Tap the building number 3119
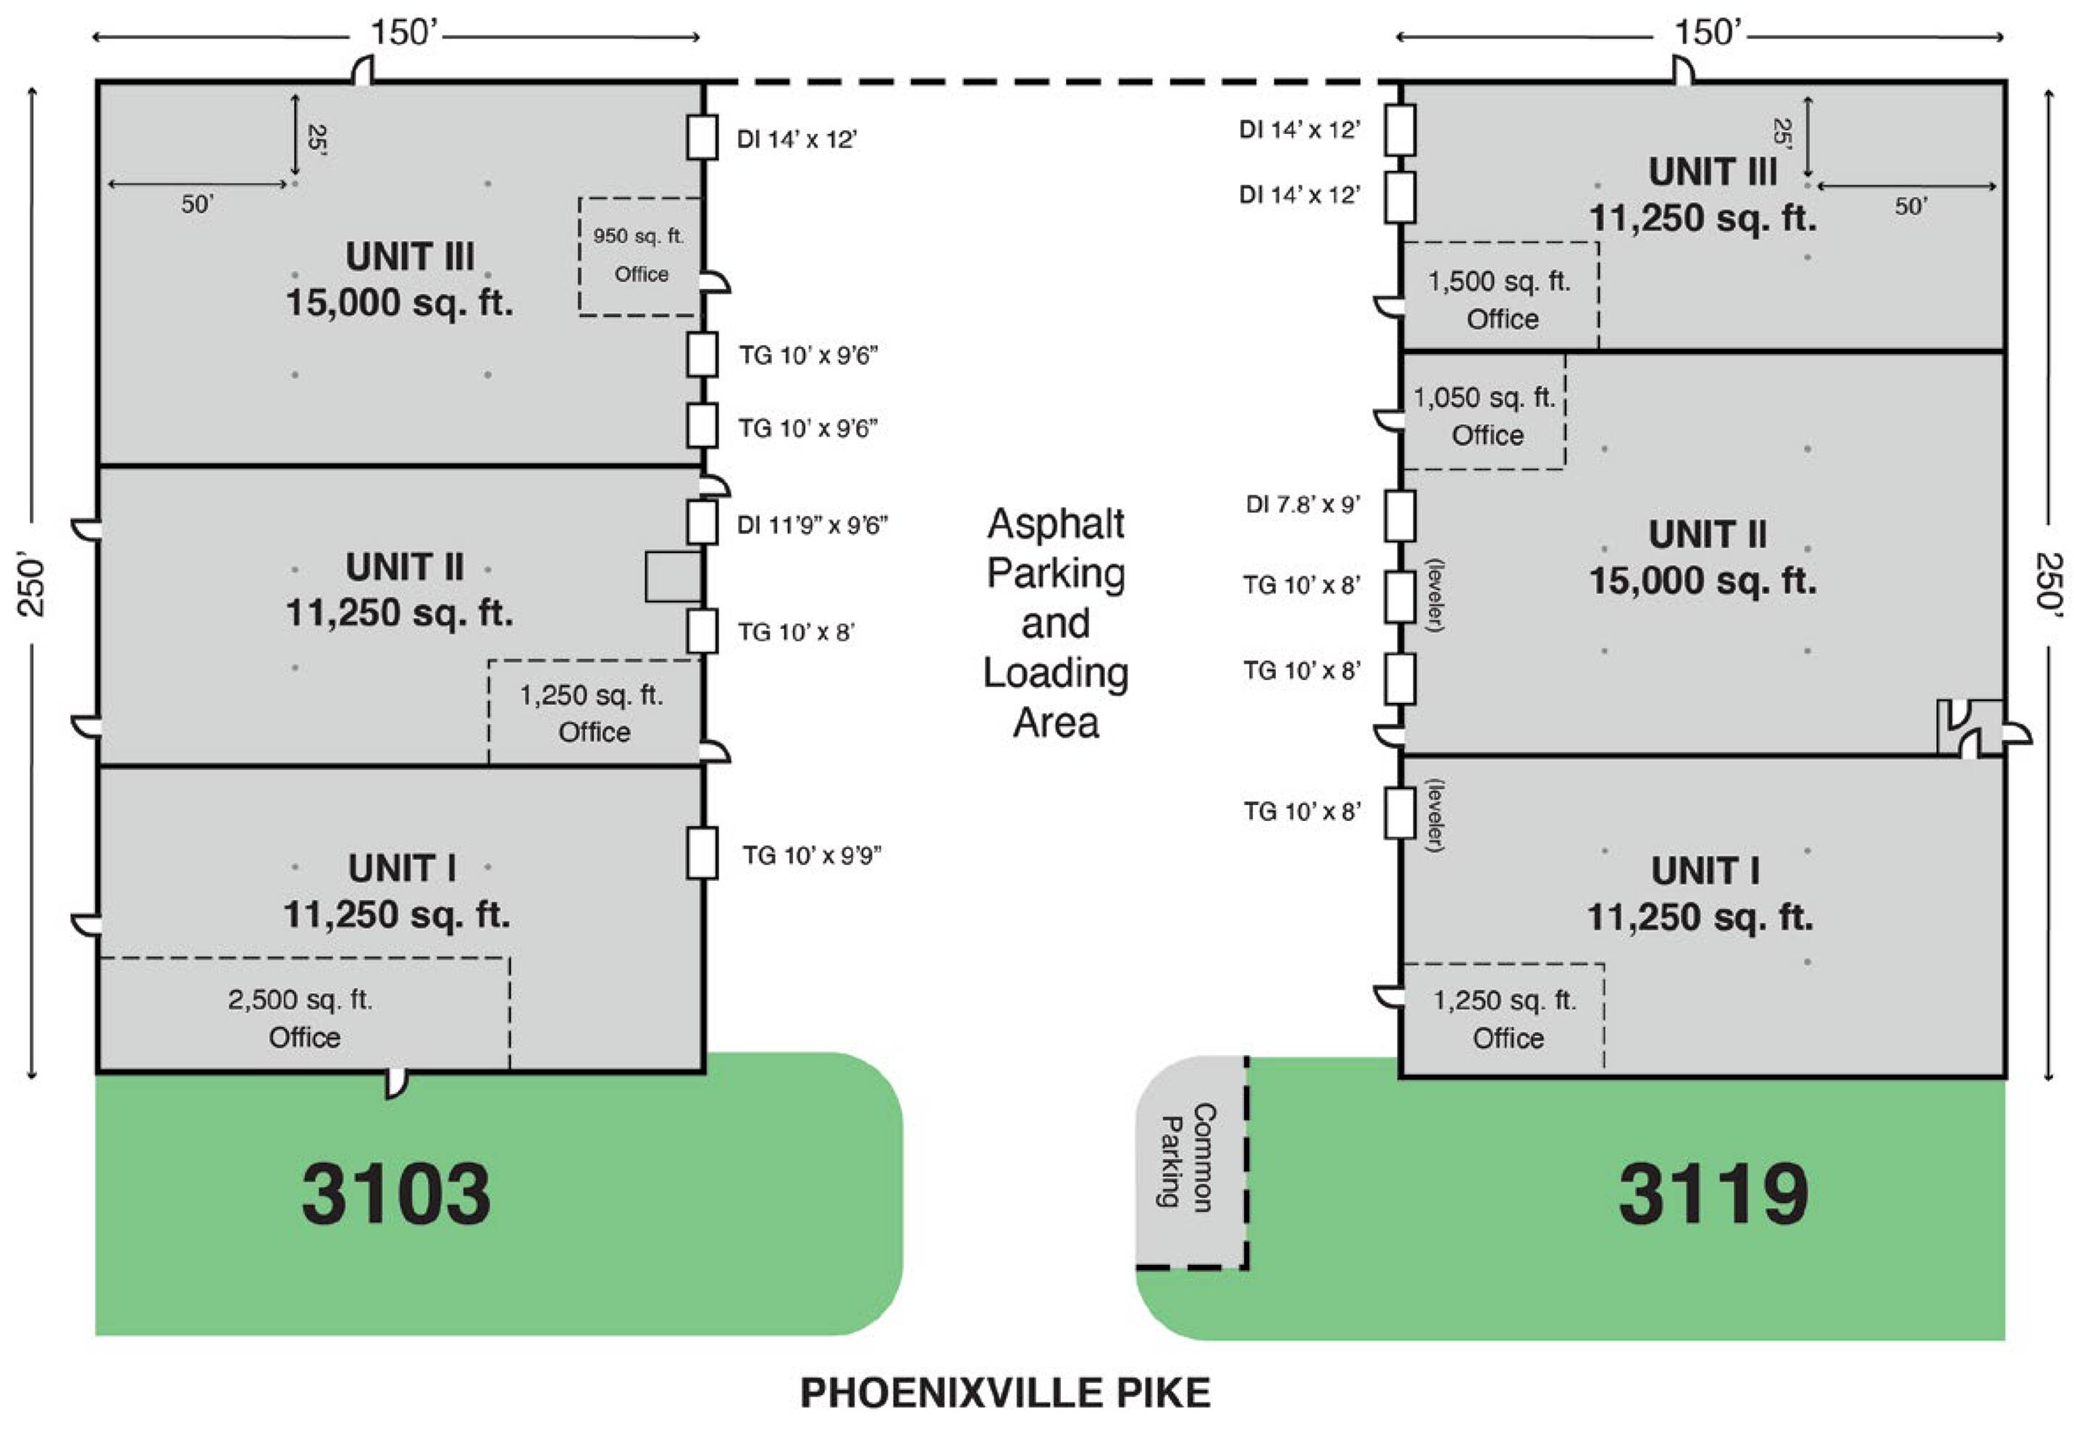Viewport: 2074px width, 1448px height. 1713,1194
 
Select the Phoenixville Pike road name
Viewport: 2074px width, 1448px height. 1004,1393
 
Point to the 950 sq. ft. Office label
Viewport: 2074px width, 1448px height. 639,255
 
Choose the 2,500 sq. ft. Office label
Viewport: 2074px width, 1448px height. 301,1018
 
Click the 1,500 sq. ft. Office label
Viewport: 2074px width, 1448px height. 1500,300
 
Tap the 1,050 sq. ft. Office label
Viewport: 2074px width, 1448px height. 1485,416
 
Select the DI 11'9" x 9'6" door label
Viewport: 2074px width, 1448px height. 812,525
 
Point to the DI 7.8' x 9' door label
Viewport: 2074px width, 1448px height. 1303,504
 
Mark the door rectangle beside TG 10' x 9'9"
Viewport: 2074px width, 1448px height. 702,853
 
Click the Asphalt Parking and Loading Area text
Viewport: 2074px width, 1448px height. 1056,623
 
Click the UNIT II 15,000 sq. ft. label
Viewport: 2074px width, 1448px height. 1704,557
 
